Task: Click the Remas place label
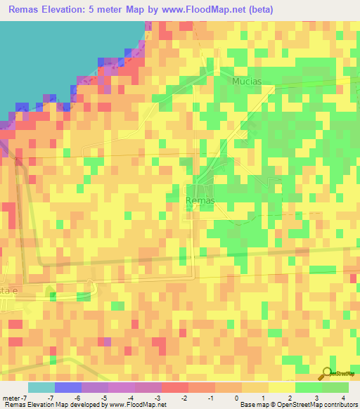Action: (x=200, y=200)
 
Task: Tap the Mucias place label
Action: (x=247, y=81)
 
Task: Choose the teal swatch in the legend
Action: (x=41, y=387)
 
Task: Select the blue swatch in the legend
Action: (x=67, y=387)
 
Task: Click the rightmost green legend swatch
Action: (x=335, y=387)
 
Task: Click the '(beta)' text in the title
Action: (x=258, y=10)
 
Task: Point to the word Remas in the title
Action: (x=27, y=10)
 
